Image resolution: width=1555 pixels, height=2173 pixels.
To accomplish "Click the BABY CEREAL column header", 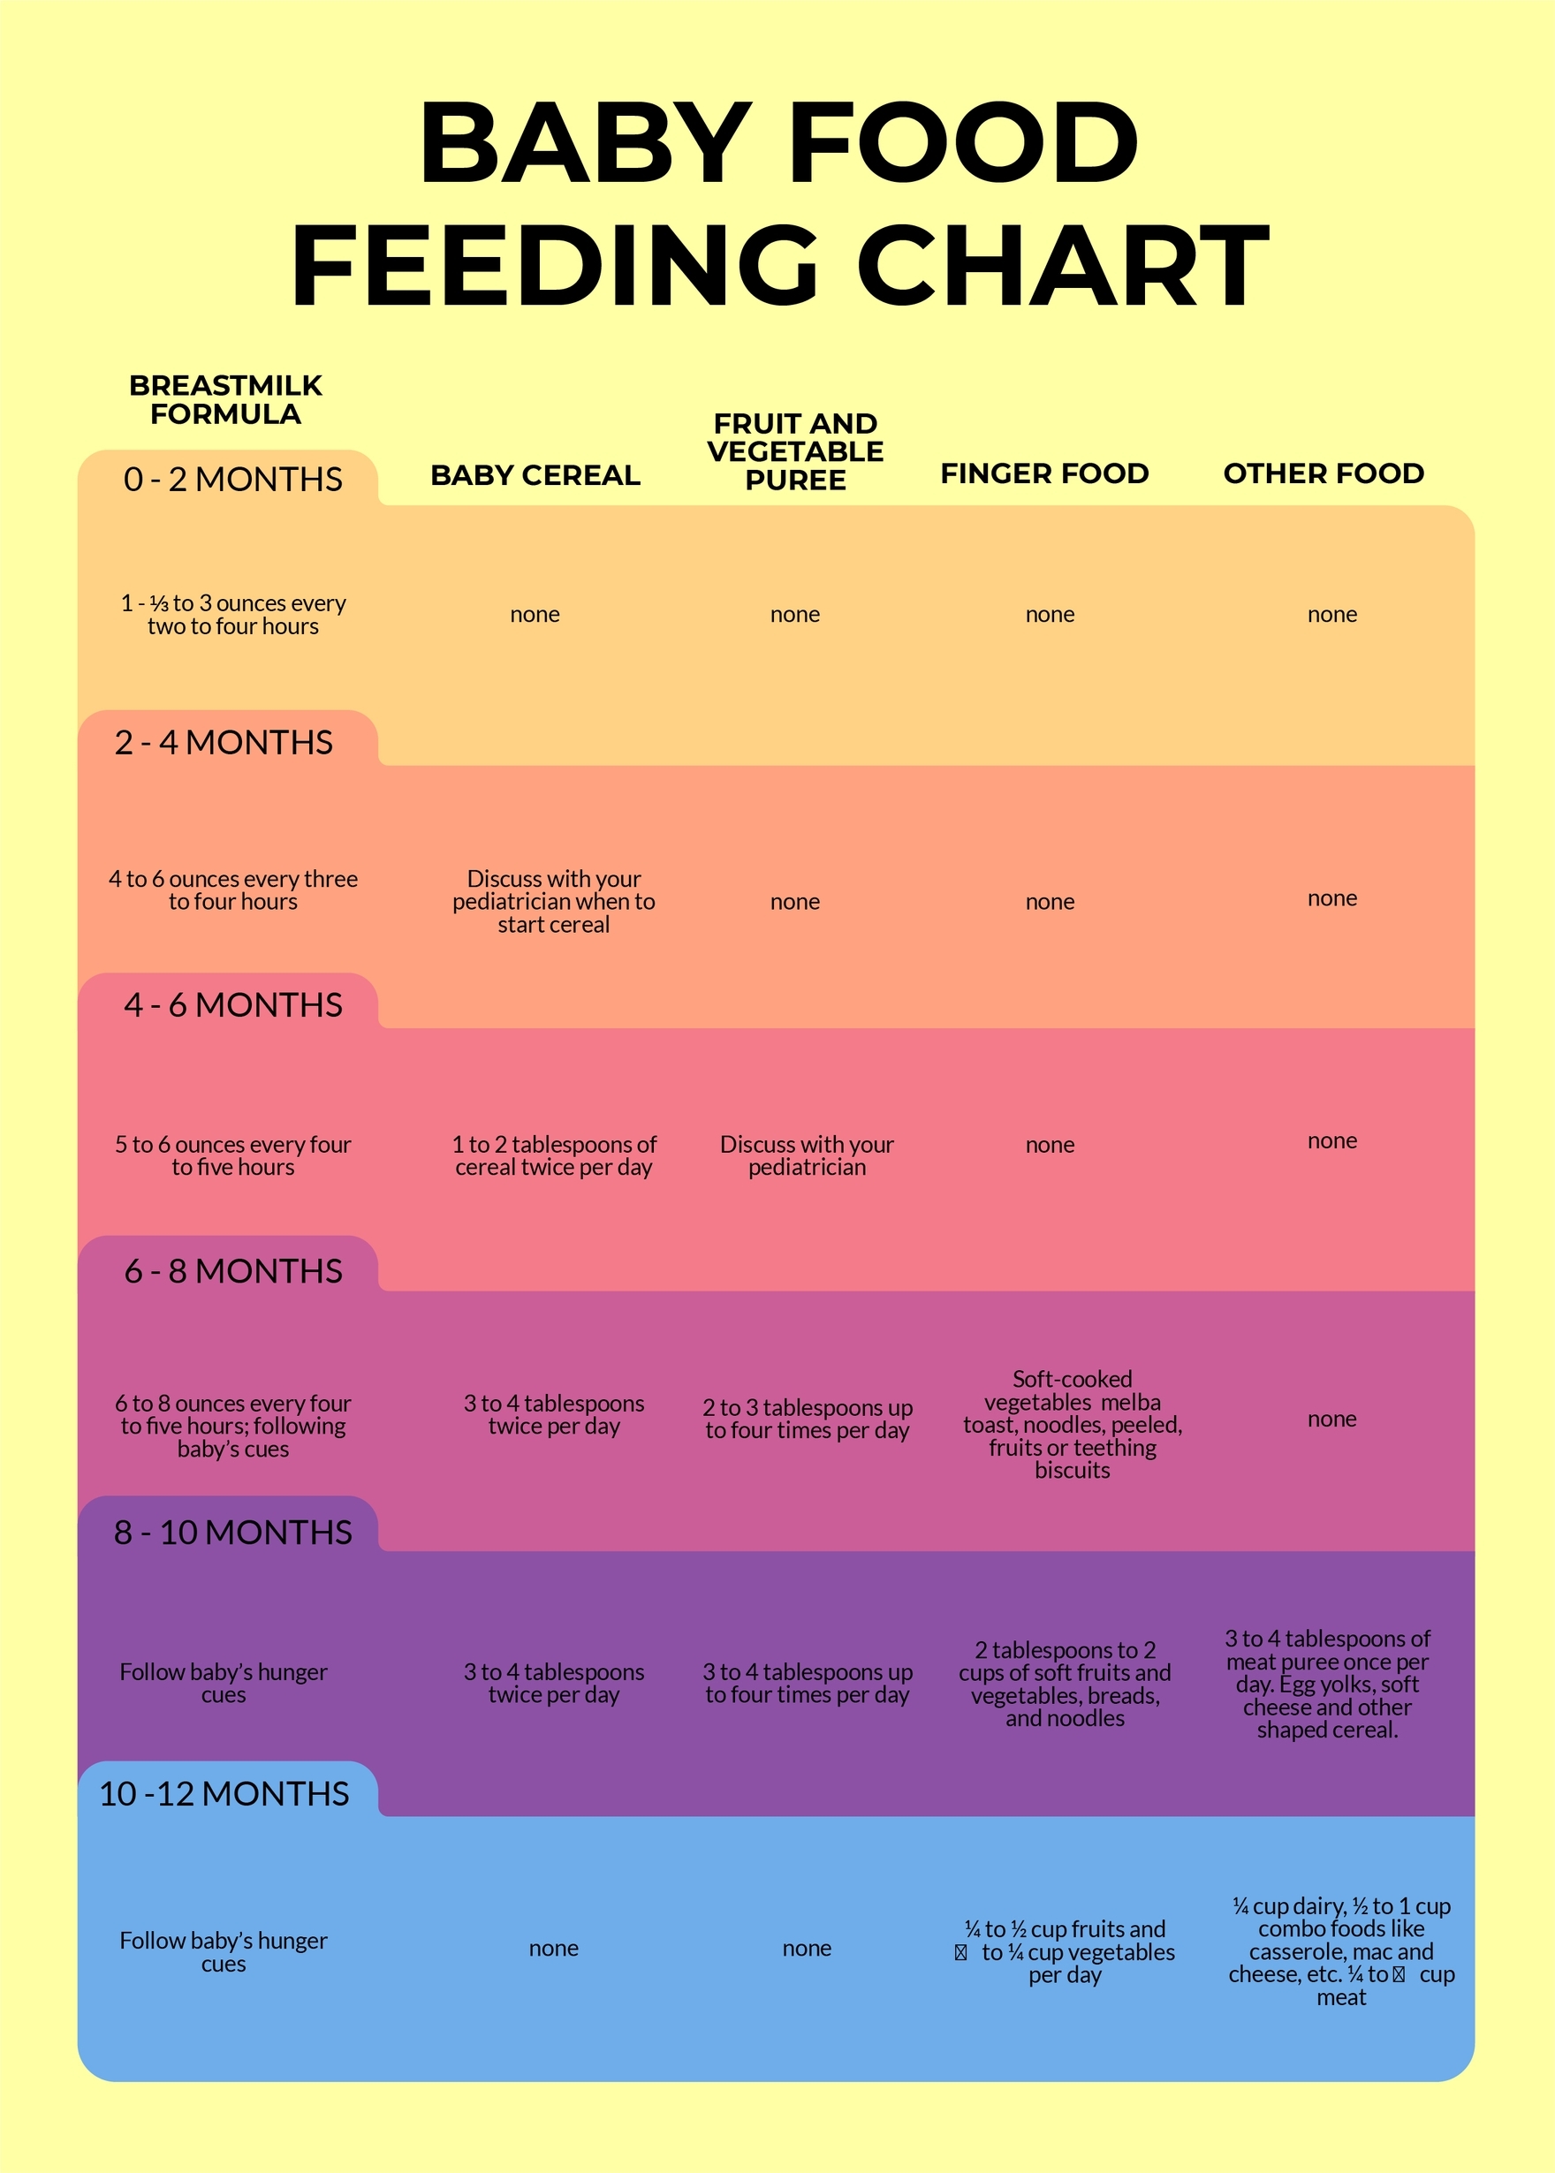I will (535, 475).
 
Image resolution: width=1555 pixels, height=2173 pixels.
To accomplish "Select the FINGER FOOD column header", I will (1043, 473).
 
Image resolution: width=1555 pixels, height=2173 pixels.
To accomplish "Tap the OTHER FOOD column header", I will (1324, 473).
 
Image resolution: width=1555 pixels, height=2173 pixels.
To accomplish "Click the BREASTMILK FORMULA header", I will (226, 399).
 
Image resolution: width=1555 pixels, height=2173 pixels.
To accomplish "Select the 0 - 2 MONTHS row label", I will (232, 479).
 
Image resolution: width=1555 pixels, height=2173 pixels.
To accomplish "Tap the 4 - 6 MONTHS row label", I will (232, 1004).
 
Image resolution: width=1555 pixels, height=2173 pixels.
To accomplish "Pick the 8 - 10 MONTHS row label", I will (232, 1532).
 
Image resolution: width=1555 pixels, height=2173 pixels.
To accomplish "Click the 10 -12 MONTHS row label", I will (224, 1793).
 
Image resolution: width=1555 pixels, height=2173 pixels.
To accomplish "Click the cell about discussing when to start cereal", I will (553, 901).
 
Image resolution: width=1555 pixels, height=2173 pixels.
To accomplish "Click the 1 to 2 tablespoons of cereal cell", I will (553, 1155).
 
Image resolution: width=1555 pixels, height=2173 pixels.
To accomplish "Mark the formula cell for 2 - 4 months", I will (232, 890).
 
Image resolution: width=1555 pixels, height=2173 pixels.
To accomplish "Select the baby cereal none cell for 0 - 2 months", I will (535, 614).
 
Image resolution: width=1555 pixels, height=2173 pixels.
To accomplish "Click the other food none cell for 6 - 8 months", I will (1331, 1419).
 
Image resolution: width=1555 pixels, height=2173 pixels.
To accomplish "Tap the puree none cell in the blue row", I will (807, 1948).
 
